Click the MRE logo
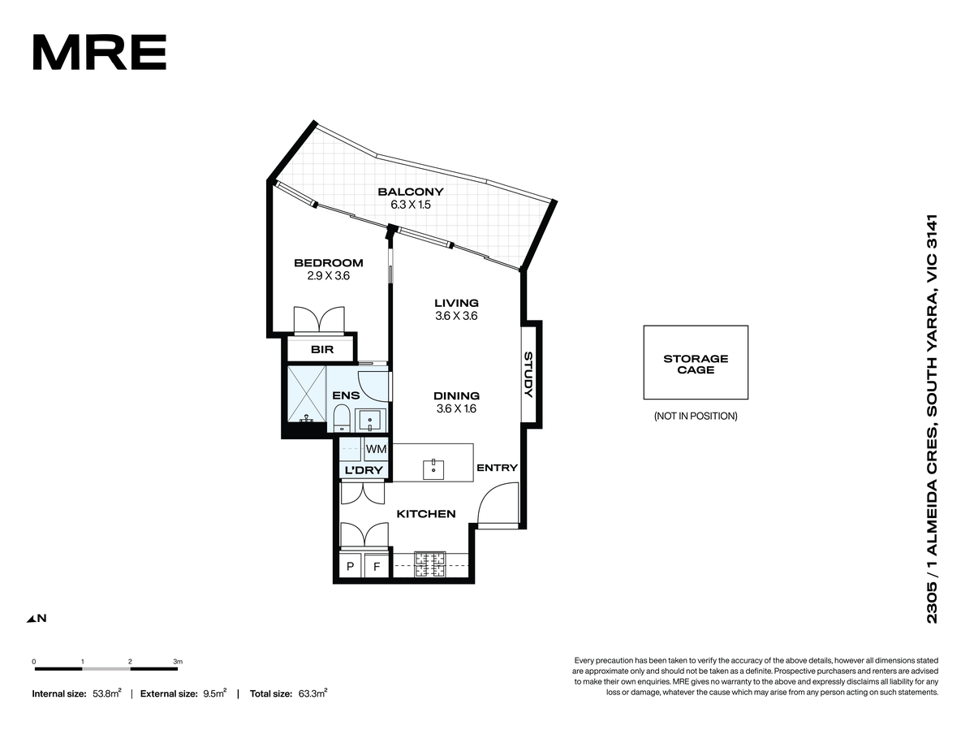pos(99,52)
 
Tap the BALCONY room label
pos(411,192)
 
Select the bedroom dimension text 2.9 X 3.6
pos(329,276)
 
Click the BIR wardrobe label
pos(322,350)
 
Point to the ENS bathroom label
pos(346,395)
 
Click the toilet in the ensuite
pos(342,417)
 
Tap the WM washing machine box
pos(376,449)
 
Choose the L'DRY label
pos(364,470)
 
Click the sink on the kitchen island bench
pos(433,469)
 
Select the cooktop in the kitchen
pos(429,564)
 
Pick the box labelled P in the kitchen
pos(351,566)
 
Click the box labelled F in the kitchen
pos(377,566)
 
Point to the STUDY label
pos(528,374)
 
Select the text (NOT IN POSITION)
pos(696,416)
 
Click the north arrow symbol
pos(31,619)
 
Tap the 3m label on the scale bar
pos(178,661)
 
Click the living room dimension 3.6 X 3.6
pos(456,316)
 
